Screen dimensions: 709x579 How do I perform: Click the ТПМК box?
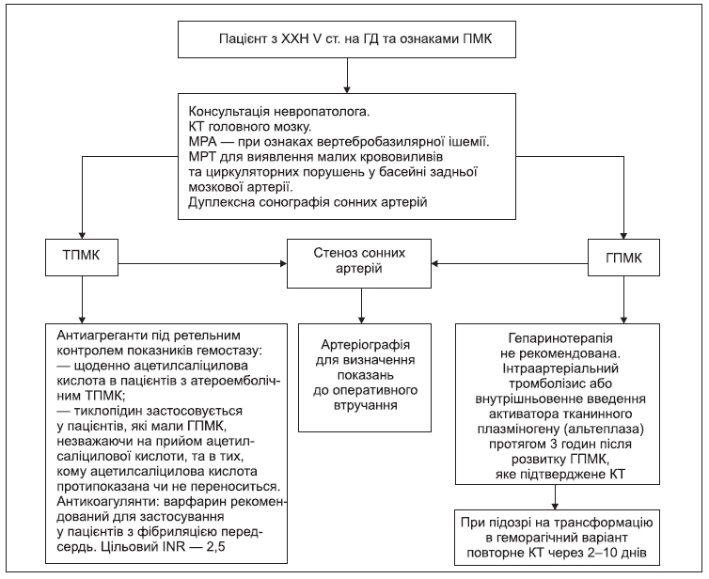point(82,258)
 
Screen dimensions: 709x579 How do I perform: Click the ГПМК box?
point(623,258)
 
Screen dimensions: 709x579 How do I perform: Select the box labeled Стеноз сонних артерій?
point(359,263)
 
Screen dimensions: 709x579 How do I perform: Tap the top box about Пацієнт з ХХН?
point(347,39)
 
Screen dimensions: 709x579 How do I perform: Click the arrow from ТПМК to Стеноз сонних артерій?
point(202,263)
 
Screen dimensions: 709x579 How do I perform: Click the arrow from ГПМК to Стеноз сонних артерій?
point(510,263)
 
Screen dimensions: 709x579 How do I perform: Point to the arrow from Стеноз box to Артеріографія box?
point(361,305)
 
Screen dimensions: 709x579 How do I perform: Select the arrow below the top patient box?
point(347,75)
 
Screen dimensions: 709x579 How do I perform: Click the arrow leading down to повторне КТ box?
point(556,497)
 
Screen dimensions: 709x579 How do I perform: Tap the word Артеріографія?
point(366,345)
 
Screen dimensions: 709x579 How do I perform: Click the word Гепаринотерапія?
point(560,338)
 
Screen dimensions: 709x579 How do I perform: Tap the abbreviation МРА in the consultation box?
point(203,142)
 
